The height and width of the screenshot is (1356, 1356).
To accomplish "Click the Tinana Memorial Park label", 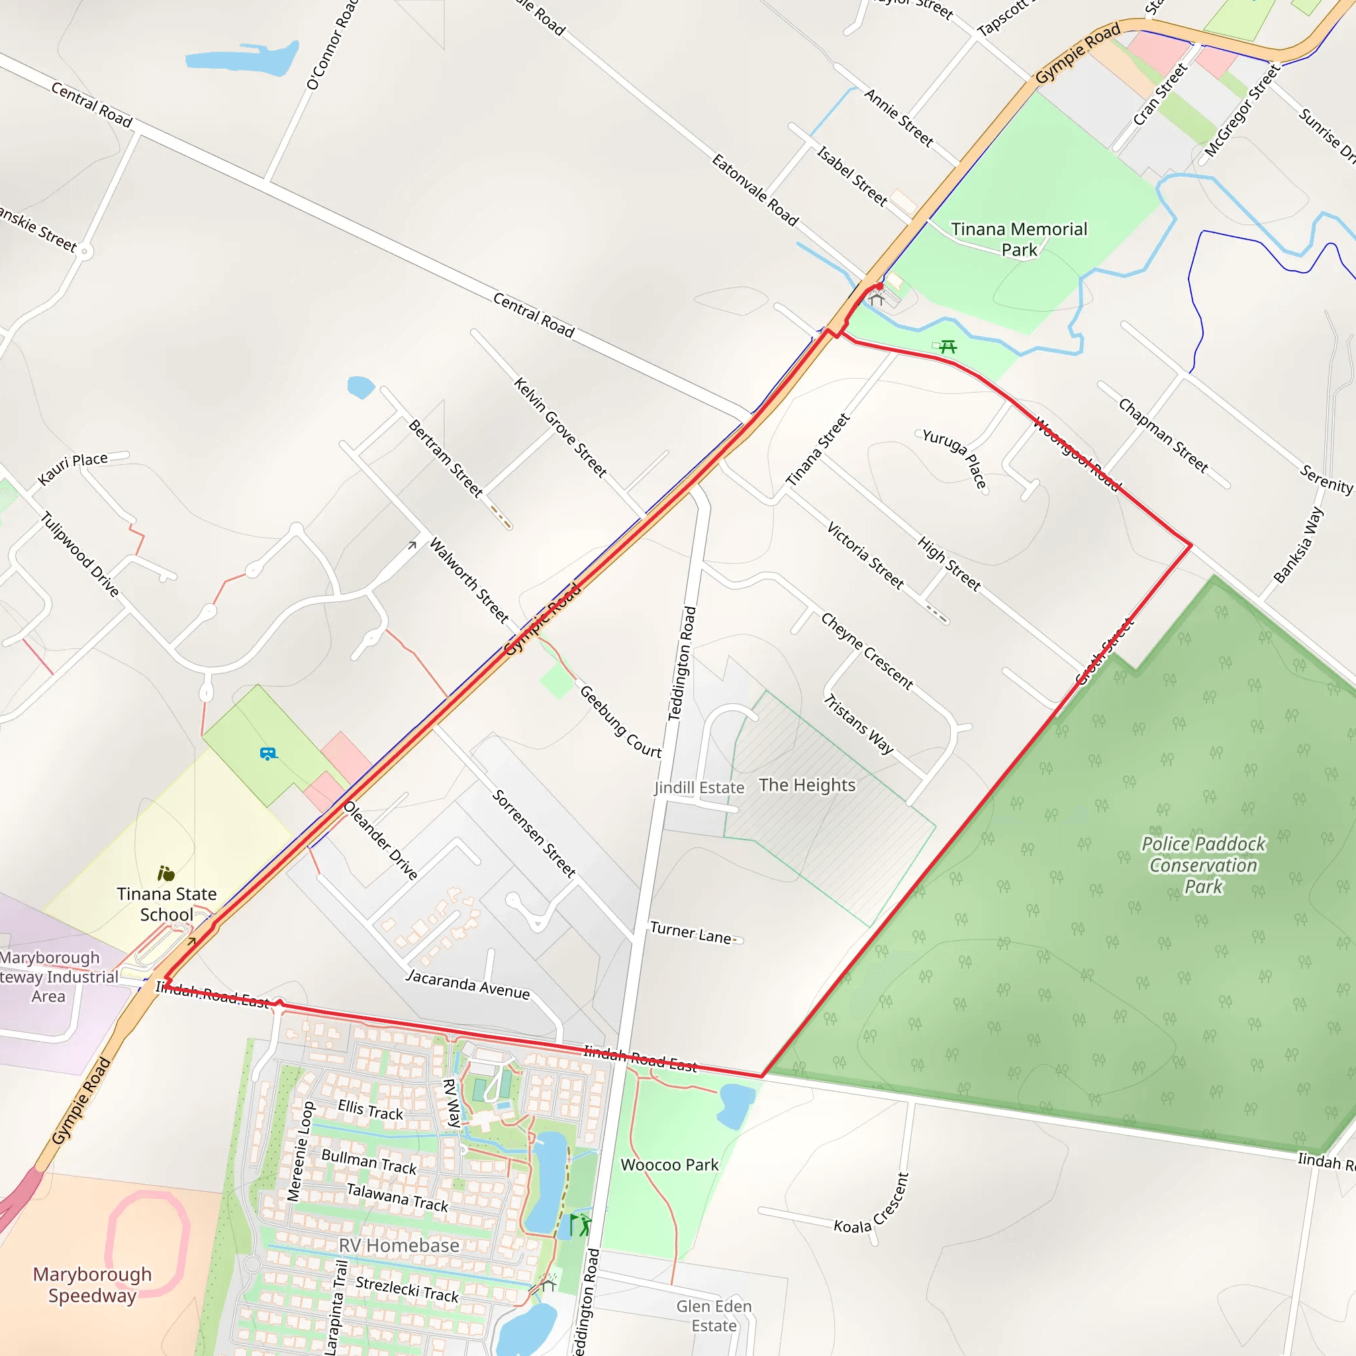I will (1018, 239).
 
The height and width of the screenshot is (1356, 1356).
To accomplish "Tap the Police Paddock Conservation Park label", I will (1203, 865).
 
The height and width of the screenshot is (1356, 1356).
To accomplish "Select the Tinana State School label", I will (166, 904).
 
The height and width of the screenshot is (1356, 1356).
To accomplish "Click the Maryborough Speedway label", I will (92, 1284).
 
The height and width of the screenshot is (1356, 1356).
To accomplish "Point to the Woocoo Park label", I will (669, 1165).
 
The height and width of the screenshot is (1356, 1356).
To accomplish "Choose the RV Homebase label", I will (399, 1245).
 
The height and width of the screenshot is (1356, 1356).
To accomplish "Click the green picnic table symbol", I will (947, 346).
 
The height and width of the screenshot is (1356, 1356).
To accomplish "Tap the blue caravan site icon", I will (268, 755).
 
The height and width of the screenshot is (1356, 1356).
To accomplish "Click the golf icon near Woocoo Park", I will (581, 1226).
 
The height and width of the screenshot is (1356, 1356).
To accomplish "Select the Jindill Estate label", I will (699, 787).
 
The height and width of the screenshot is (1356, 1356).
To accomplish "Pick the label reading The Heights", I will (807, 785).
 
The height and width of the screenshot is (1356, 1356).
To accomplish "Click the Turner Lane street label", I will (691, 933).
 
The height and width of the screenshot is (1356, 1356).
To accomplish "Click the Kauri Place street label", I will (72, 468).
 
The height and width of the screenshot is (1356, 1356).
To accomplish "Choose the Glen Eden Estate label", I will (714, 1316).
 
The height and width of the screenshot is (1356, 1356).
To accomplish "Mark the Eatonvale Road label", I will (755, 190).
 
